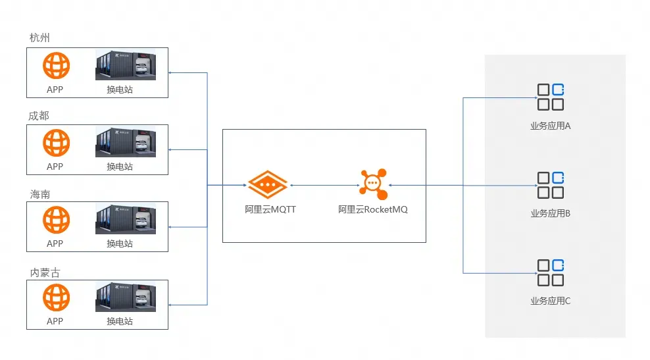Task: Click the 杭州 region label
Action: [x=39, y=38]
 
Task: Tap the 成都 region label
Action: [x=39, y=116]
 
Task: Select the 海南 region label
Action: [x=39, y=194]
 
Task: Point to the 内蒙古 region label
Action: [x=45, y=272]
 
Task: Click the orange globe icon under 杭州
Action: [x=56, y=66]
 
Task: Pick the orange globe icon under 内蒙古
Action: [x=56, y=297]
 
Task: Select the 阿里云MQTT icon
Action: [x=267, y=185]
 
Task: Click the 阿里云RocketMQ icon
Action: [x=372, y=183]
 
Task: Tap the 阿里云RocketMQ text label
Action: [x=372, y=210]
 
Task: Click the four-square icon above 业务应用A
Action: [x=551, y=97]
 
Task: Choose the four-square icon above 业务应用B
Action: [x=551, y=185]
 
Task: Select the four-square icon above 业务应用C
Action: [x=551, y=272]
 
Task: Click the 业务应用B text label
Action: [x=551, y=214]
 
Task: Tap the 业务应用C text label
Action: [x=551, y=301]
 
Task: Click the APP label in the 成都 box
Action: [x=55, y=167]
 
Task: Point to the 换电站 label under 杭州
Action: [x=120, y=90]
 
